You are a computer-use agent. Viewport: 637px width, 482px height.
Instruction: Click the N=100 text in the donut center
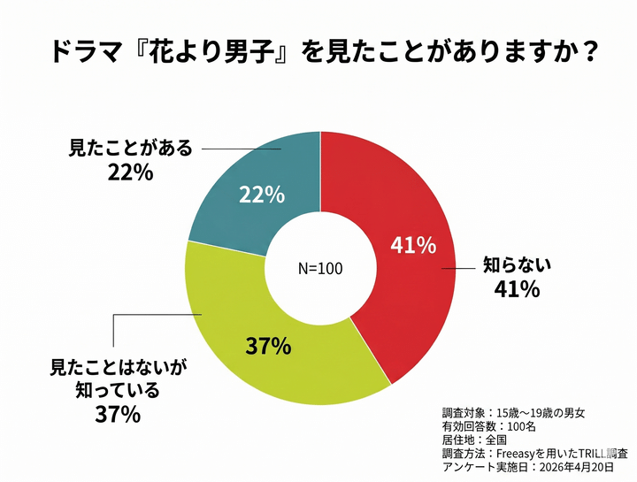(319, 268)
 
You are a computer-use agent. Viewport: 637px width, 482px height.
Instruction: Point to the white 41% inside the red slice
(413, 245)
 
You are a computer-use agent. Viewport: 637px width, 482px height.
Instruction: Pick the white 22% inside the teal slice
(262, 195)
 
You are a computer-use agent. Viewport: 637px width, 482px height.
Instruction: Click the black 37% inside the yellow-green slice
(269, 346)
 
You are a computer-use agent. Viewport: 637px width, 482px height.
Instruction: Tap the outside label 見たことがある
(130, 149)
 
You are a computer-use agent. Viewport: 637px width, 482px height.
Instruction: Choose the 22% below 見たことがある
(131, 172)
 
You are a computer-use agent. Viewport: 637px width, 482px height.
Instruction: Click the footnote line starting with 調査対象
(512, 413)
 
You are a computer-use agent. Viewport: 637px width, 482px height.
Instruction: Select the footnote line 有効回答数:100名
(488, 426)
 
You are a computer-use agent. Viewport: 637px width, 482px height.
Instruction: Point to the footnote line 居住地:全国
(475, 440)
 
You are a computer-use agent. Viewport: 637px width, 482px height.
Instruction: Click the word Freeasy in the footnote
(524, 454)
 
